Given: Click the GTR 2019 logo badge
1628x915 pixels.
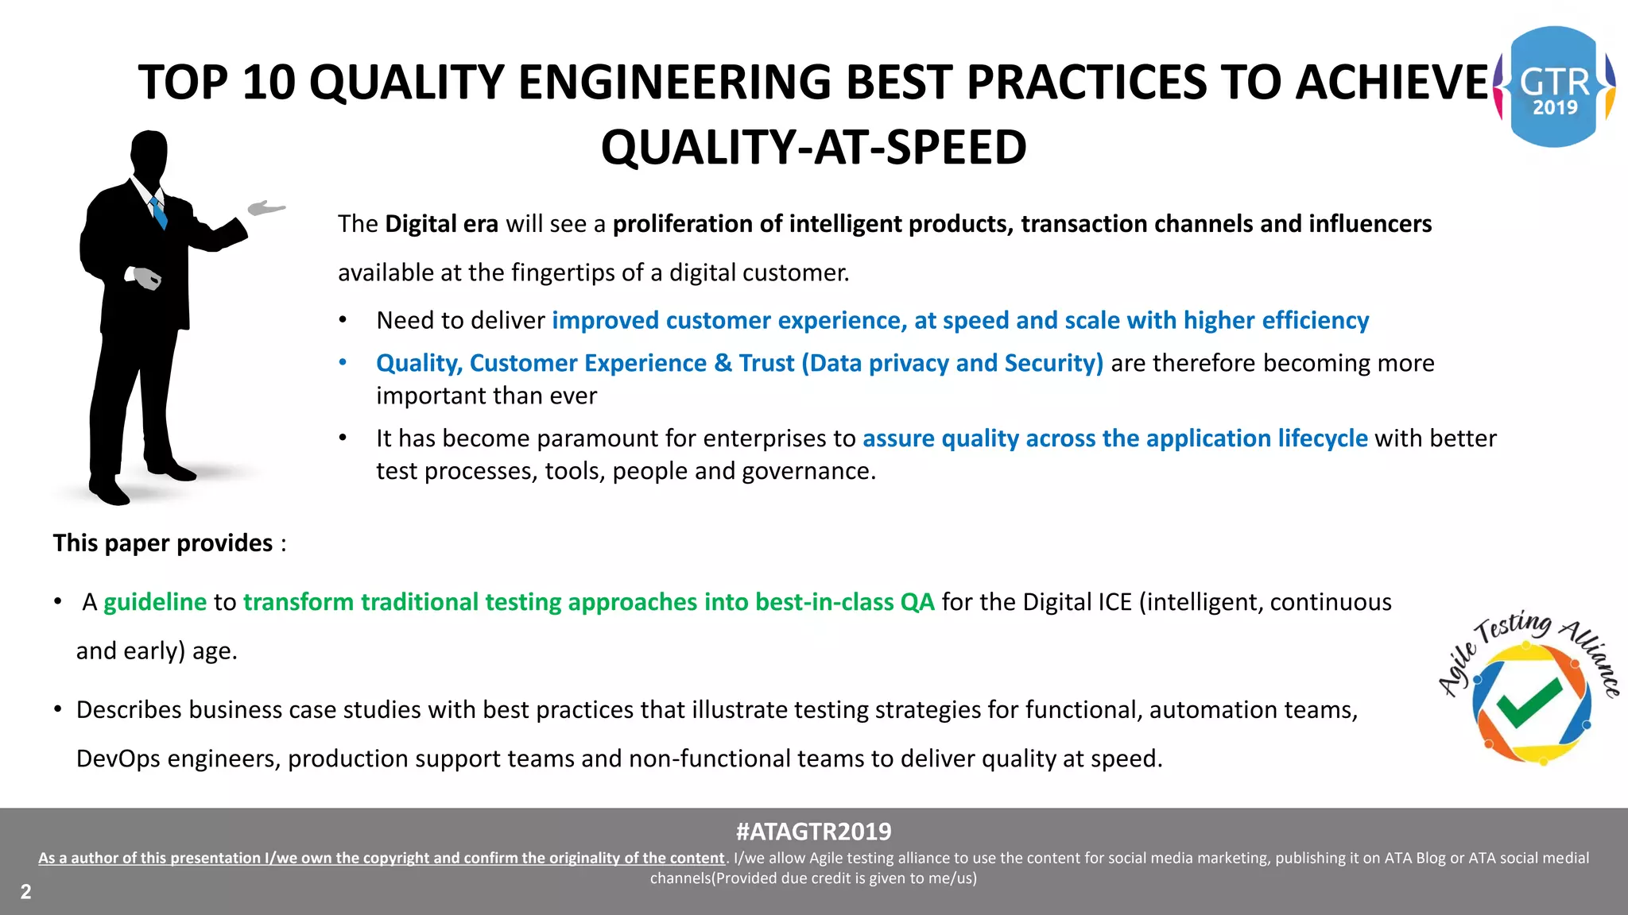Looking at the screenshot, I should [1554, 87].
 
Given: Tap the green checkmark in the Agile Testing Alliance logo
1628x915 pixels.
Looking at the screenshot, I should [1529, 701].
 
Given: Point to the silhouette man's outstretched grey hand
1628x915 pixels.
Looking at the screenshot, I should [266, 208].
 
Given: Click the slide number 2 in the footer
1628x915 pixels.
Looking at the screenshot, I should [25, 891].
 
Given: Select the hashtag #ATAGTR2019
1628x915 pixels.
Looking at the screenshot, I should [813, 832].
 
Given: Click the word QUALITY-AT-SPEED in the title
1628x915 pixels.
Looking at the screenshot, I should [813, 148].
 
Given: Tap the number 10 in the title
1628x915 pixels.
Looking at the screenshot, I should [269, 83].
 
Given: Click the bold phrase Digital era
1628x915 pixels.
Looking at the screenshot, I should [441, 224].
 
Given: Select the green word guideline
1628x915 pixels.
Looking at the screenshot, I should [155, 602].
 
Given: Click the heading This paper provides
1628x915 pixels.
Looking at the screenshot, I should [163, 543].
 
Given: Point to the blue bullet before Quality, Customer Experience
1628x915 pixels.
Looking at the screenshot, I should [343, 363].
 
